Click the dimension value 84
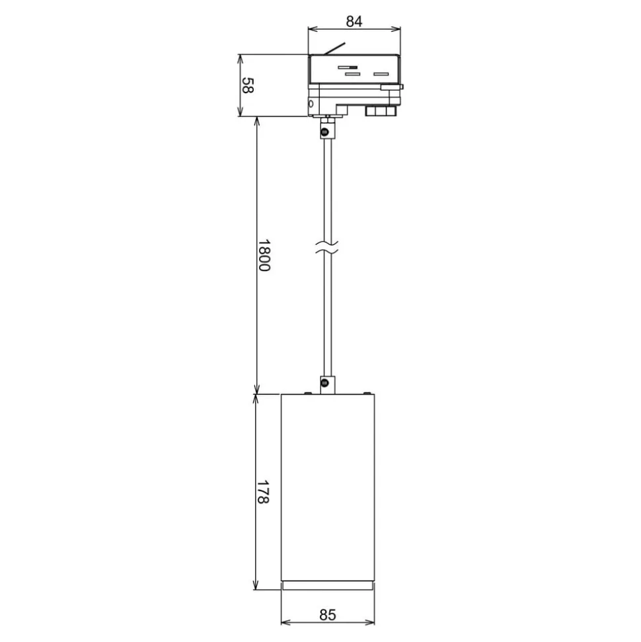tap(354, 21)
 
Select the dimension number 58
tap(247, 85)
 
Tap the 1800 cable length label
tap(264, 255)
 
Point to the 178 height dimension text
tap(262, 492)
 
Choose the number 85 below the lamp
tap(328, 615)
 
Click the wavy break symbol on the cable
tap(327, 247)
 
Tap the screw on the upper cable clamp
tap(325, 132)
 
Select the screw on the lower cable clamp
tap(325, 383)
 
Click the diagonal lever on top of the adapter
tap(334, 48)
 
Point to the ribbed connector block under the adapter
tap(381, 111)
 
